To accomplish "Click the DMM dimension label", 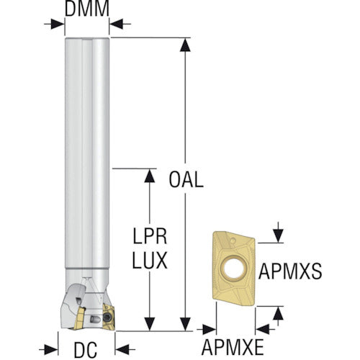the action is [x=87, y=9].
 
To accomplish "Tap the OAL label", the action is [x=186, y=179].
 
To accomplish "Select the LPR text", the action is [x=150, y=236].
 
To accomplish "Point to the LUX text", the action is [x=150, y=261].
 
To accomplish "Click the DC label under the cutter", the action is [x=86, y=350].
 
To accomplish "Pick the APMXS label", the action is [x=290, y=271].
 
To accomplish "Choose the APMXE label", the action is [x=233, y=347].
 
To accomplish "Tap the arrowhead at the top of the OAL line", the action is [x=185, y=45].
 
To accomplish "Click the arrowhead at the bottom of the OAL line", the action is [x=185, y=324].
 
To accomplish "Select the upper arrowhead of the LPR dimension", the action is [x=150, y=176].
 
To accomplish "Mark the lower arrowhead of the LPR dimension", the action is [x=150, y=324].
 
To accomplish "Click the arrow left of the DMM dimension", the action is [x=55, y=24].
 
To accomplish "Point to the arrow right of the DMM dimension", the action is [x=120, y=24].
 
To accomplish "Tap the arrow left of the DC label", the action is [x=48, y=350].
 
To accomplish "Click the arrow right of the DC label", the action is [x=125, y=350].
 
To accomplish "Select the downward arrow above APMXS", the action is [x=278, y=233].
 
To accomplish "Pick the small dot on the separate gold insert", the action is [x=233, y=240].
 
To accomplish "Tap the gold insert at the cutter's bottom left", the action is [x=79, y=319].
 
